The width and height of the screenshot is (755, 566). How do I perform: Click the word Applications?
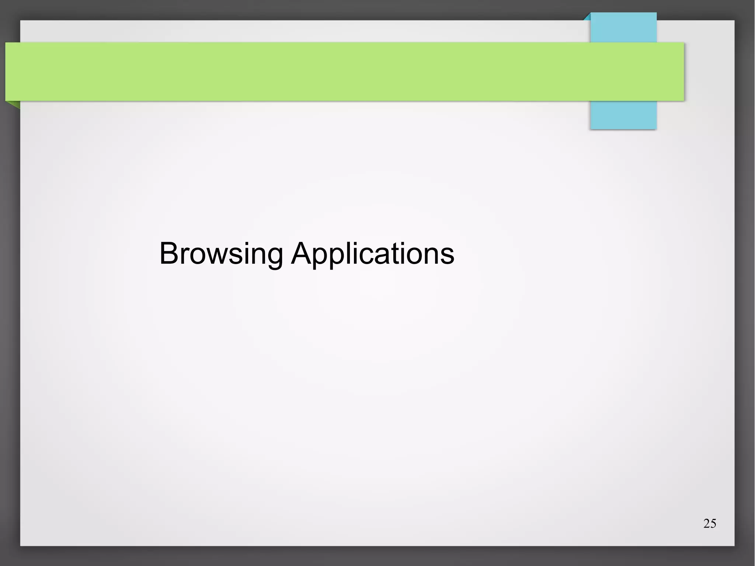point(373,254)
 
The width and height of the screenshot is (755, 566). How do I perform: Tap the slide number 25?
point(710,524)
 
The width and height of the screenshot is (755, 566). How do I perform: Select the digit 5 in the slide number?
point(713,524)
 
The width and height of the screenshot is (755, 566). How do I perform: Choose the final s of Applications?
point(447,255)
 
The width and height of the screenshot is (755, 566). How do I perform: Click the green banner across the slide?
point(332,72)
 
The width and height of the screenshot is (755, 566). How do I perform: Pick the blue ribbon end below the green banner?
point(623,115)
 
